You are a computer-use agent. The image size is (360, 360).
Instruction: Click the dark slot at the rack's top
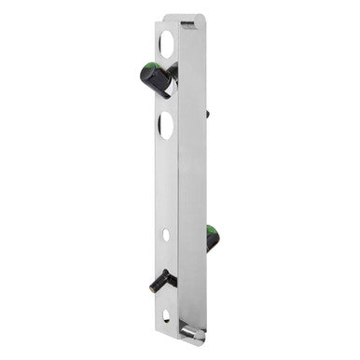187,20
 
